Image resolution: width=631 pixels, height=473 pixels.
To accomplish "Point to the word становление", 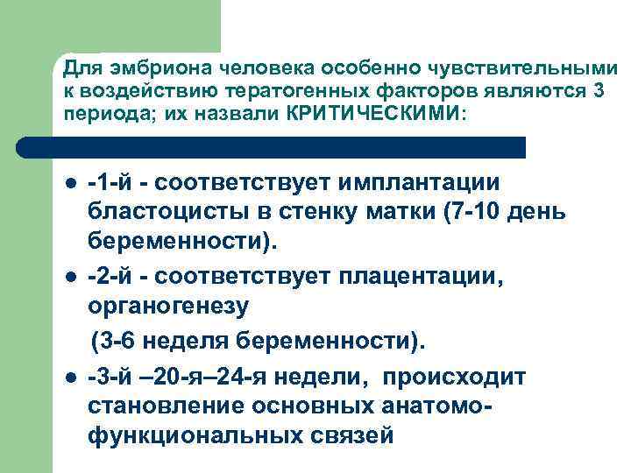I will [x=167, y=406].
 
